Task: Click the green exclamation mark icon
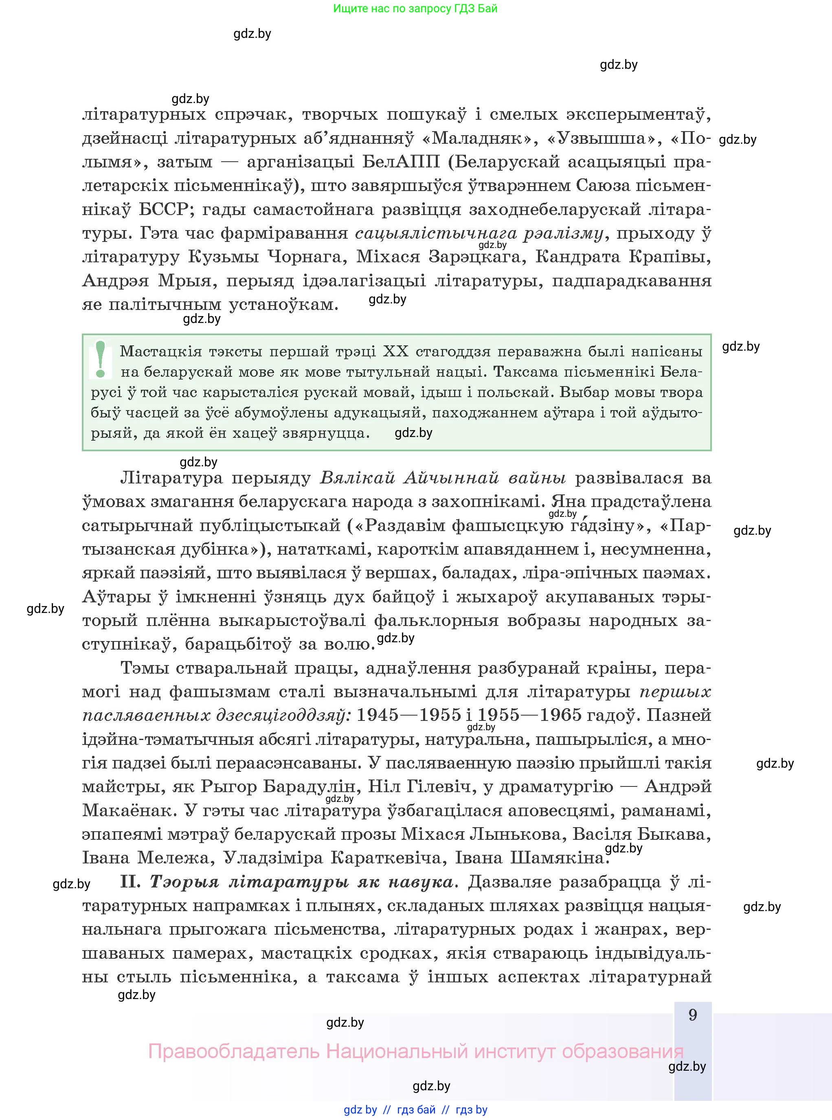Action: tap(101, 360)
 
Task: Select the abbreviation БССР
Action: tap(163, 209)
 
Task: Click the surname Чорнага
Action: tap(307, 257)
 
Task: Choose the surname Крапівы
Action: tap(672, 257)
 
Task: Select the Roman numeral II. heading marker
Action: tap(132, 882)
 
